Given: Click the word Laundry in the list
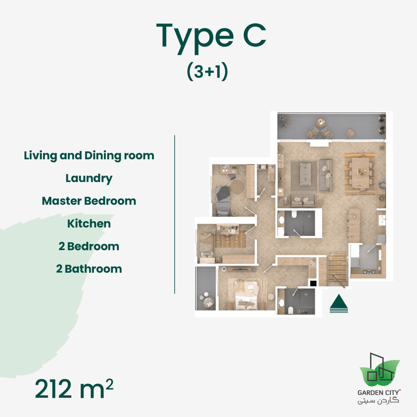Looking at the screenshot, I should [x=89, y=178].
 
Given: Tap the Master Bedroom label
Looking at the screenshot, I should [x=89, y=201].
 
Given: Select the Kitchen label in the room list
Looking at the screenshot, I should [x=89, y=224].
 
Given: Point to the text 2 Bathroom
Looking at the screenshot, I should [x=89, y=269].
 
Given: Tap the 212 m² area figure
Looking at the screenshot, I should [x=74, y=389].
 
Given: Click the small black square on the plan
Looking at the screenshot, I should [x=313, y=283].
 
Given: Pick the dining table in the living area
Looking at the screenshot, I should [x=360, y=173].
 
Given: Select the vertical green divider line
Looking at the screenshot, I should [x=175, y=214].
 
